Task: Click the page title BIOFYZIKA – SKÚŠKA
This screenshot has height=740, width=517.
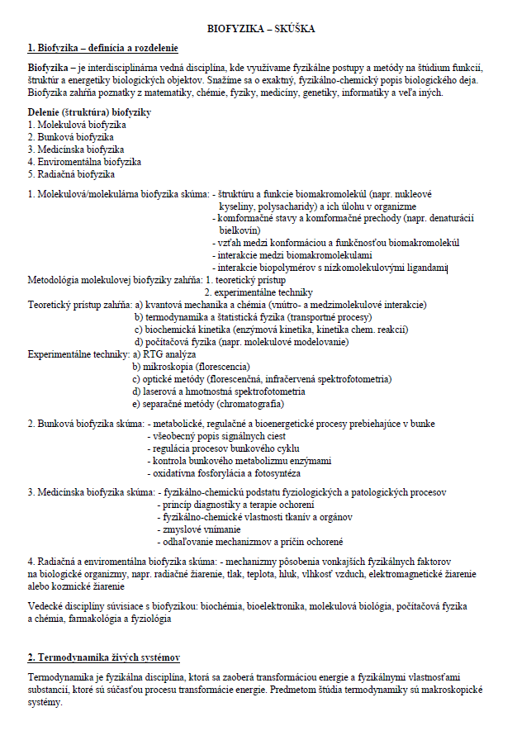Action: coord(261,29)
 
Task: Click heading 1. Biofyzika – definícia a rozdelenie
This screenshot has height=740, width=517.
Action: coord(102,48)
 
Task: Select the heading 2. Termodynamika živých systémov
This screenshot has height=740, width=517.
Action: coord(104,657)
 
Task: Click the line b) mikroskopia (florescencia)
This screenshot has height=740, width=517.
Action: coord(191,367)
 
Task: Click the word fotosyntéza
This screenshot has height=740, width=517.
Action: coord(277,474)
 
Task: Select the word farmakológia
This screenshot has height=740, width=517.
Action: coord(106,619)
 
